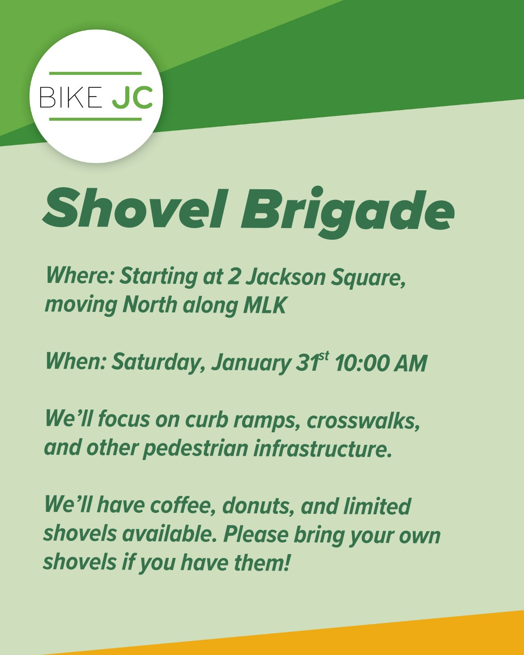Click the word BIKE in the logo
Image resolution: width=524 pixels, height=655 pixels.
tap(70, 97)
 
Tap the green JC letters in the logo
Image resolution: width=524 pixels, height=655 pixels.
tap(132, 98)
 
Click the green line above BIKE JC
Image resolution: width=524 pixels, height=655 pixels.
tap(95, 73)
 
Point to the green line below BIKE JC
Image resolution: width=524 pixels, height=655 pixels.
tap(95, 119)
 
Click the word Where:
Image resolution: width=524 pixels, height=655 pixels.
tap(80, 276)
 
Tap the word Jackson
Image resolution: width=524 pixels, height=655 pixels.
tap(286, 277)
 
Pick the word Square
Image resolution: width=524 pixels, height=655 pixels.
tap(368, 278)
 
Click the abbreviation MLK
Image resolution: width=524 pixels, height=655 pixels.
tap(265, 305)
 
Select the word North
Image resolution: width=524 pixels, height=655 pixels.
tap(150, 305)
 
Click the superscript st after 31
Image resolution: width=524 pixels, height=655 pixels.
tap(324, 356)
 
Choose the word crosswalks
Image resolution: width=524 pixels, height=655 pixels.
tap(363, 421)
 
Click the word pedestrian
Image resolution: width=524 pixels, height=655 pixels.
tap(196, 450)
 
